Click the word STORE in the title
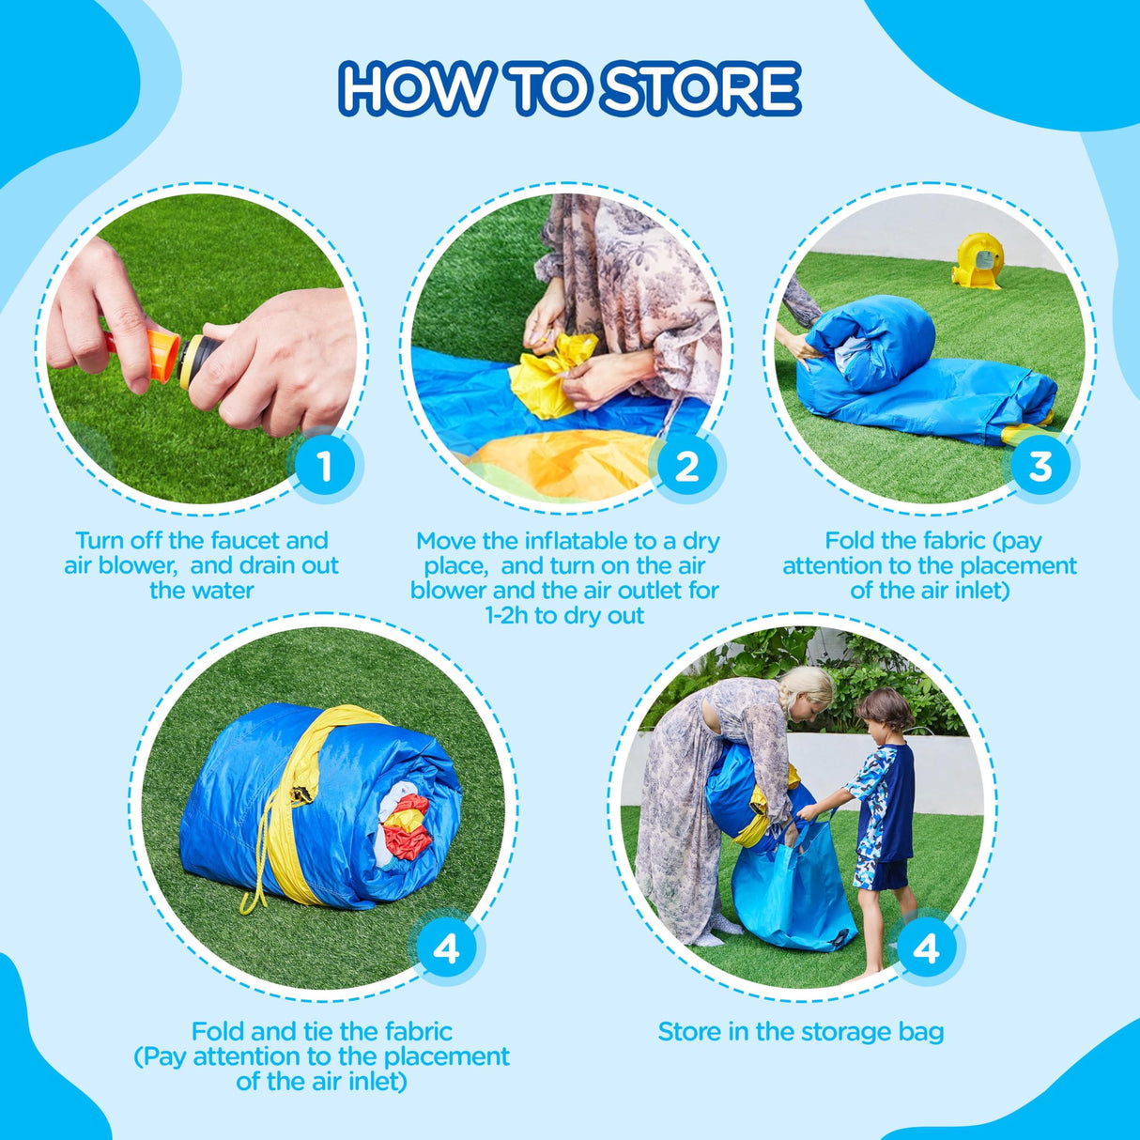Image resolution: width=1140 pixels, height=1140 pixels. pos(700,90)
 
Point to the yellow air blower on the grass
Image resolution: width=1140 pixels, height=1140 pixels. pos(978,261)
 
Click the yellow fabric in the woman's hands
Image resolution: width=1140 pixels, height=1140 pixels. pos(551,374)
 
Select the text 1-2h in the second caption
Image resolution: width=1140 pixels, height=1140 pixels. pos(507,616)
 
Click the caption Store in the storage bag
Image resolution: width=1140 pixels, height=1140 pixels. pos(800,1031)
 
